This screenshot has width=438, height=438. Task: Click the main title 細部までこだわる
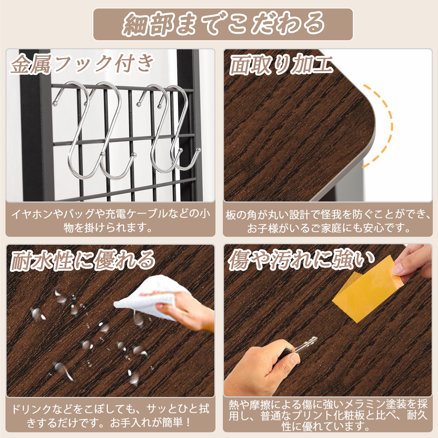223,25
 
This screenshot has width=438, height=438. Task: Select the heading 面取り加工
281,65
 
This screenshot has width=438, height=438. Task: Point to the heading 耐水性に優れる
82,260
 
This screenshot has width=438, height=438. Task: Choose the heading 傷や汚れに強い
301,260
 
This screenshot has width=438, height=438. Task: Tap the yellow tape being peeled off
364,292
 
